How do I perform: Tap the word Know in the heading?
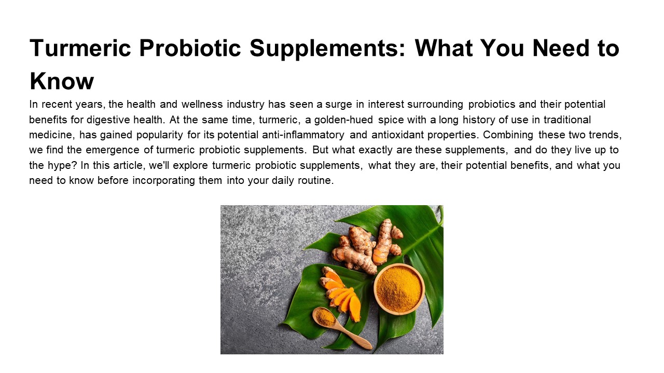(x=62, y=81)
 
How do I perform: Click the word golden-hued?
(x=343, y=120)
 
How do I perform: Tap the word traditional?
(x=567, y=120)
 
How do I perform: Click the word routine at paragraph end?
(x=314, y=181)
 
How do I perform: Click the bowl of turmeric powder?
(x=399, y=289)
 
